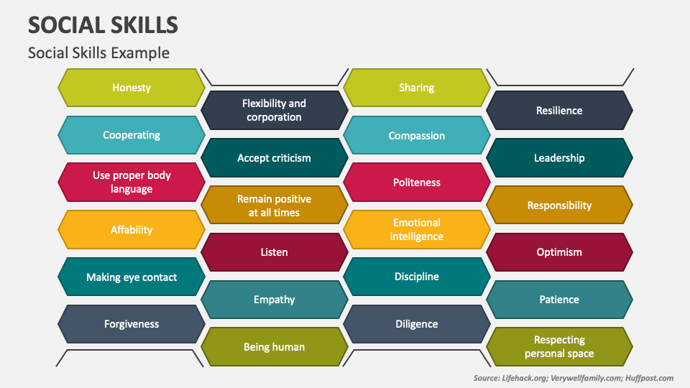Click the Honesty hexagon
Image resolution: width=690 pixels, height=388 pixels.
(x=132, y=88)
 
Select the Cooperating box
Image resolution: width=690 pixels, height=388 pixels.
(x=132, y=135)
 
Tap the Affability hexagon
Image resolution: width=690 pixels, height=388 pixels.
(x=132, y=230)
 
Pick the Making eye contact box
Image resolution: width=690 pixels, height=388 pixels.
(x=132, y=277)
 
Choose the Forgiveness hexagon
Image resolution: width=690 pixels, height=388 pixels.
(x=132, y=324)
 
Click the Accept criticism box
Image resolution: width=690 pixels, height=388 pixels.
(x=274, y=158)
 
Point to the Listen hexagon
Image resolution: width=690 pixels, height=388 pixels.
(x=274, y=252)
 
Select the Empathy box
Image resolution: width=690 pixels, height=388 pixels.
(x=274, y=300)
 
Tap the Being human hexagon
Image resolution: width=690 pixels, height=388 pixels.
(x=274, y=347)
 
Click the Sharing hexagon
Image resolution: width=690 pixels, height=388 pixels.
(x=417, y=88)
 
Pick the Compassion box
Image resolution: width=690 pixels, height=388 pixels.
(x=417, y=135)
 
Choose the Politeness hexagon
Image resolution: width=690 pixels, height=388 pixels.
(x=417, y=183)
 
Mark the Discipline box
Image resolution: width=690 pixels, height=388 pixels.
(x=417, y=277)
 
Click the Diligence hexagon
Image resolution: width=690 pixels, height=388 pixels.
(x=417, y=324)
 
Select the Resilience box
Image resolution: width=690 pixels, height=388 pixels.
(x=559, y=111)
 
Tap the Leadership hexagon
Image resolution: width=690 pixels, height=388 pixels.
(x=559, y=158)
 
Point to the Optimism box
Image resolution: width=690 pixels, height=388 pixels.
(x=559, y=252)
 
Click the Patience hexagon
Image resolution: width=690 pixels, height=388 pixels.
(x=559, y=300)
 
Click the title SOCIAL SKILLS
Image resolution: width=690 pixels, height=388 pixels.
(x=103, y=25)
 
